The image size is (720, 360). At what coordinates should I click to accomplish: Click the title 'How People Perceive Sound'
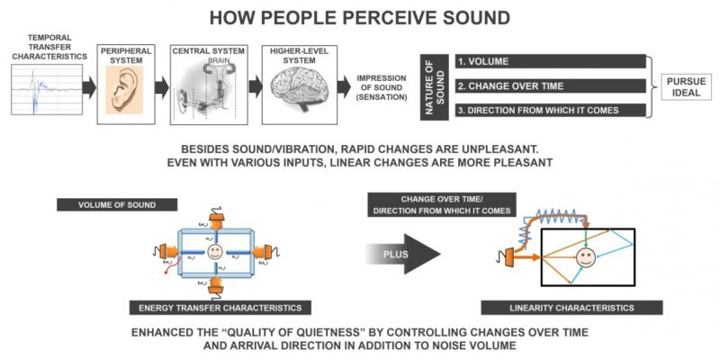tap(359, 18)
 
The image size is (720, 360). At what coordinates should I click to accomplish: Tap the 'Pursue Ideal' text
tap(688, 86)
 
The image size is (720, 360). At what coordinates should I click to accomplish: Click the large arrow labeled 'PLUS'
tap(403, 254)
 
